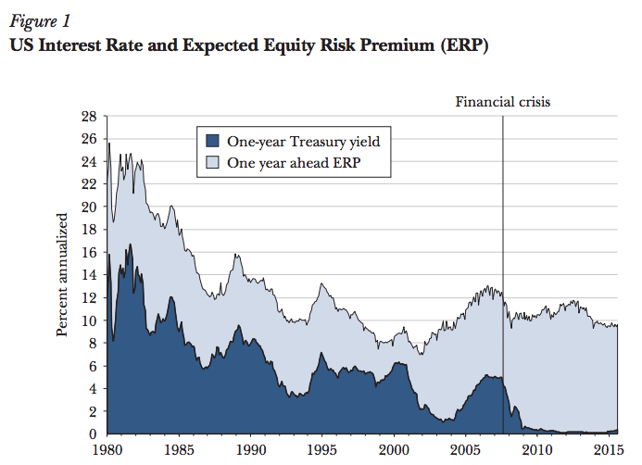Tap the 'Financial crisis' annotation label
pyautogui.click(x=502, y=102)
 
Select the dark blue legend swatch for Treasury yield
pyautogui.click(x=212, y=142)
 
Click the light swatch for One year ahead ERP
pyautogui.click(x=212, y=165)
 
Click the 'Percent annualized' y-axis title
pyautogui.click(x=64, y=275)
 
